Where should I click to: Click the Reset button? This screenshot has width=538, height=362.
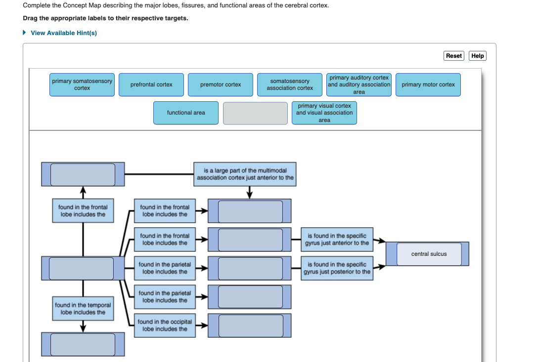[453, 56]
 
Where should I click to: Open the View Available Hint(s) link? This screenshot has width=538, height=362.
[63, 33]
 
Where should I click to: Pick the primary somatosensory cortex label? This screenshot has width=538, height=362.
[82, 84]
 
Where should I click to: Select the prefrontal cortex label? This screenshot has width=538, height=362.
[151, 85]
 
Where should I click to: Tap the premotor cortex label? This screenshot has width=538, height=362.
[221, 85]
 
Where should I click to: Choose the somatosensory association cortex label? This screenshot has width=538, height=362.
[290, 85]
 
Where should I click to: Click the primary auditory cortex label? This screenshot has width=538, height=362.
[359, 85]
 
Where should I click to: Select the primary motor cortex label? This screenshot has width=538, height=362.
[428, 85]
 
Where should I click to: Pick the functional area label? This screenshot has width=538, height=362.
[186, 113]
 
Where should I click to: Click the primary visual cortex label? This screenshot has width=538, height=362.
[324, 113]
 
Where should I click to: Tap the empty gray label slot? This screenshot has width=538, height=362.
[255, 113]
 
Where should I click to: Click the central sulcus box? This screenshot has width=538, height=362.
[429, 254]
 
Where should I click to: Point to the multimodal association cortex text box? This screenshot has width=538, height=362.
[245, 174]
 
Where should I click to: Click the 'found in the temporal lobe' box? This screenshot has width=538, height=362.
[83, 309]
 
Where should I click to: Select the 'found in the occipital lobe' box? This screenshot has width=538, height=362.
[165, 325]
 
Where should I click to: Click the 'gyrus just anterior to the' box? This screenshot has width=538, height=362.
[337, 240]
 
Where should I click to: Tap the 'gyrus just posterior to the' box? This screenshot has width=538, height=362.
[337, 268]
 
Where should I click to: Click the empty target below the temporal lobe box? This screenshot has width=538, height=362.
[83, 344]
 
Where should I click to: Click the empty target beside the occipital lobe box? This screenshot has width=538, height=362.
[251, 326]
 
